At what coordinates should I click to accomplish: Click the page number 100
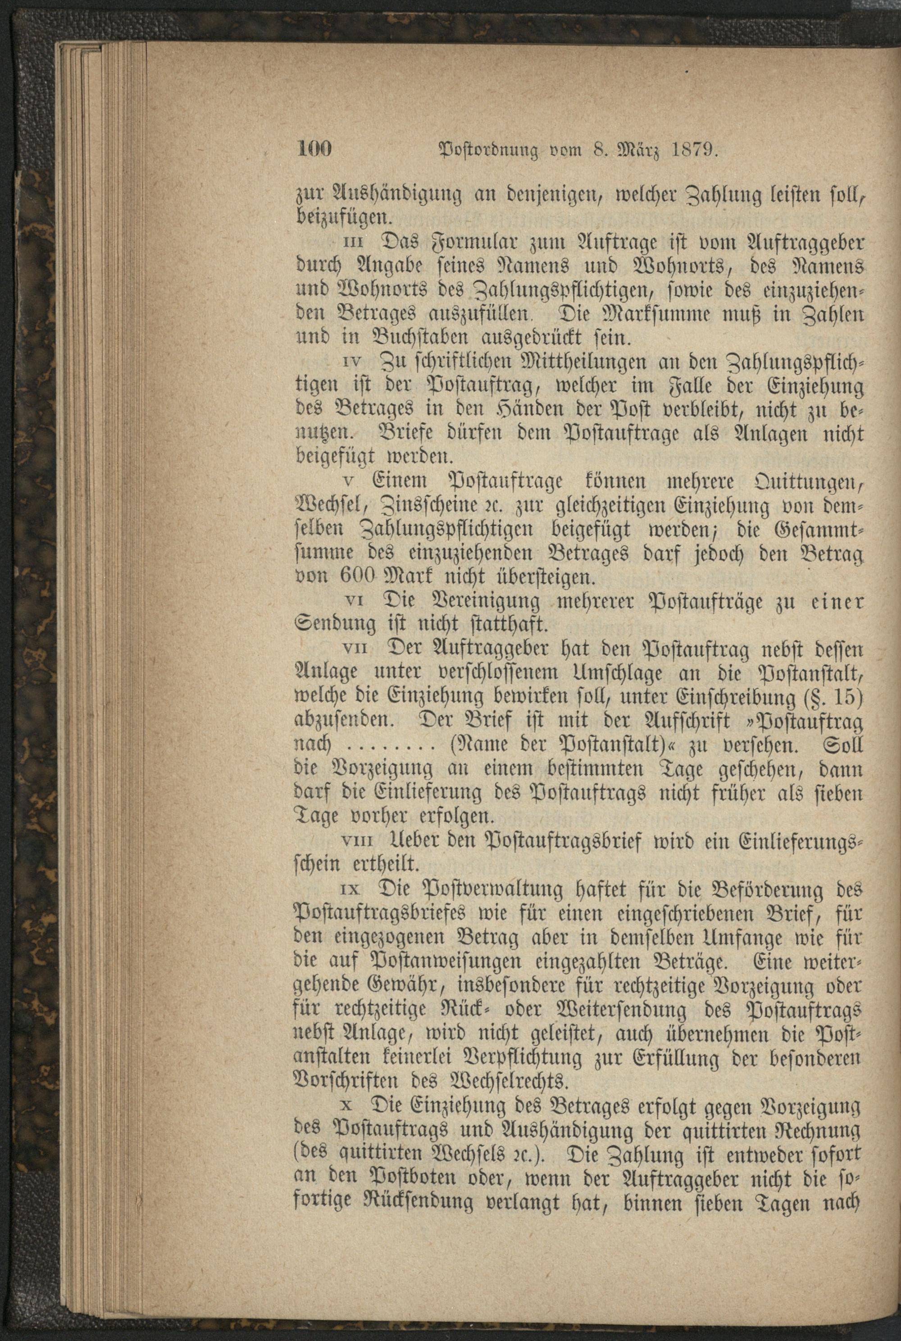[x=315, y=150]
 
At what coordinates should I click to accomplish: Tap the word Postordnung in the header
[x=488, y=152]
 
